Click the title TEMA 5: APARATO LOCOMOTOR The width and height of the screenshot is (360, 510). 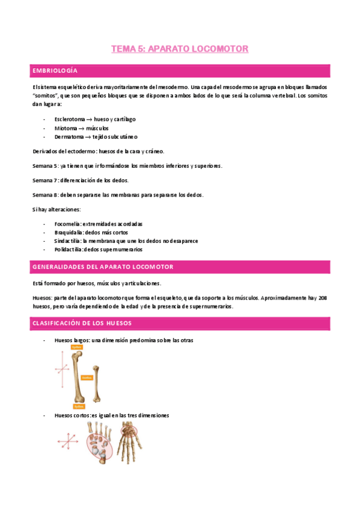click(180, 49)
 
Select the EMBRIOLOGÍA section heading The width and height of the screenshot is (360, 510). click(55, 71)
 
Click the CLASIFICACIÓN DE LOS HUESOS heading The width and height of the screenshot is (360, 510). click(82, 324)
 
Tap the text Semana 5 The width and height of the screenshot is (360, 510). click(44, 165)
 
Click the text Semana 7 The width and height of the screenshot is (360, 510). click(44, 180)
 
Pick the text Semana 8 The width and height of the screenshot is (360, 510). click(44, 194)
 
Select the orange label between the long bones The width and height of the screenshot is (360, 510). click(87, 378)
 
